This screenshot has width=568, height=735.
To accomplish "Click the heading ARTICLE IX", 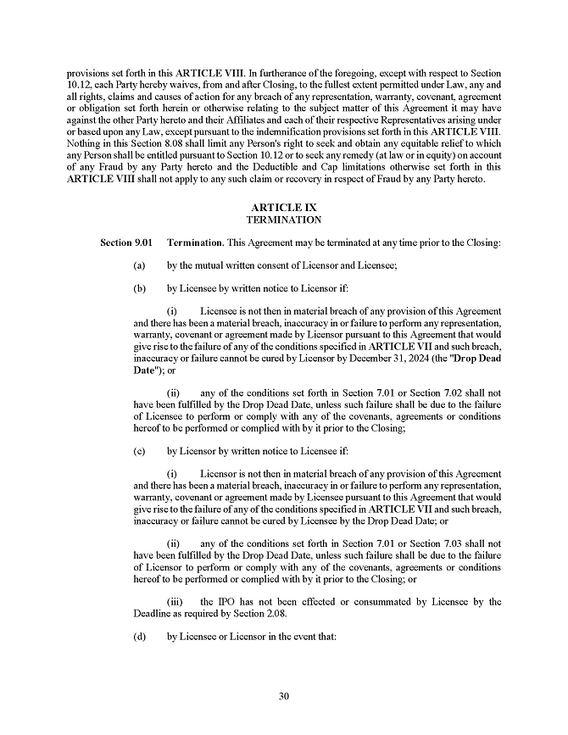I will (x=283, y=208).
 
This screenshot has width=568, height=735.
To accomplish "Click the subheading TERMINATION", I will (x=283, y=220).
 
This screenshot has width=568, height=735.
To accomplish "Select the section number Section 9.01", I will (x=127, y=243).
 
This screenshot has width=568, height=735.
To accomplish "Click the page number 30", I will (x=284, y=697).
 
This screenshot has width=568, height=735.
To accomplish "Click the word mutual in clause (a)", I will (x=214, y=265).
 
